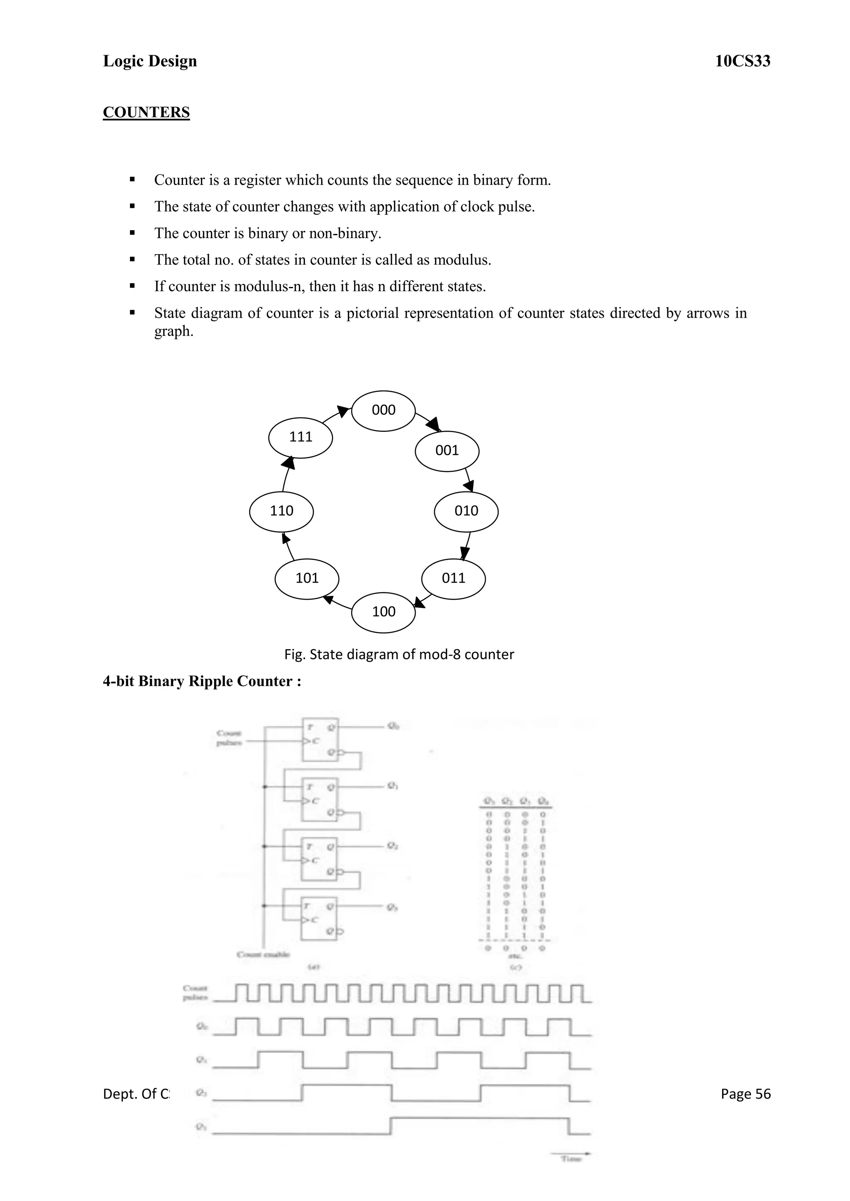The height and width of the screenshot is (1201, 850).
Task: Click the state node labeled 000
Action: tap(383, 411)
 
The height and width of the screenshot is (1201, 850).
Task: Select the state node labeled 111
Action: tap(300, 437)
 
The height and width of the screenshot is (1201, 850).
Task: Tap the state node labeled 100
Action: tap(383, 612)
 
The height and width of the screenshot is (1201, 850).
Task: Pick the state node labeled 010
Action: tap(466, 511)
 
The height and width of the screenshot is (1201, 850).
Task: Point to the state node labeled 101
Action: tap(307, 579)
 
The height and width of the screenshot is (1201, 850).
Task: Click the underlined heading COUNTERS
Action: tap(146, 112)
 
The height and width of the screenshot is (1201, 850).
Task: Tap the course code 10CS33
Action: tap(742, 61)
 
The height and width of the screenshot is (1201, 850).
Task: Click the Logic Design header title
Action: tap(150, 61)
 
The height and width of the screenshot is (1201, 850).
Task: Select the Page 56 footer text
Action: tap(745, 1094)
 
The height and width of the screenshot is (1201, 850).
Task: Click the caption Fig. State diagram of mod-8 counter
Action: tap(399, 654)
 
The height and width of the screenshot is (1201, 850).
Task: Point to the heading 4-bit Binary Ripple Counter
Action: tap(202, 681)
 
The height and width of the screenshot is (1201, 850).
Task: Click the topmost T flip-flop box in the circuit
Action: tap(320, 740)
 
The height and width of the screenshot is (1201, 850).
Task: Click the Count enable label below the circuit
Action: tap(263, 955)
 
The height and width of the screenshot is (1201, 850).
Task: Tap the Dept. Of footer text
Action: tap(136, 1094)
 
